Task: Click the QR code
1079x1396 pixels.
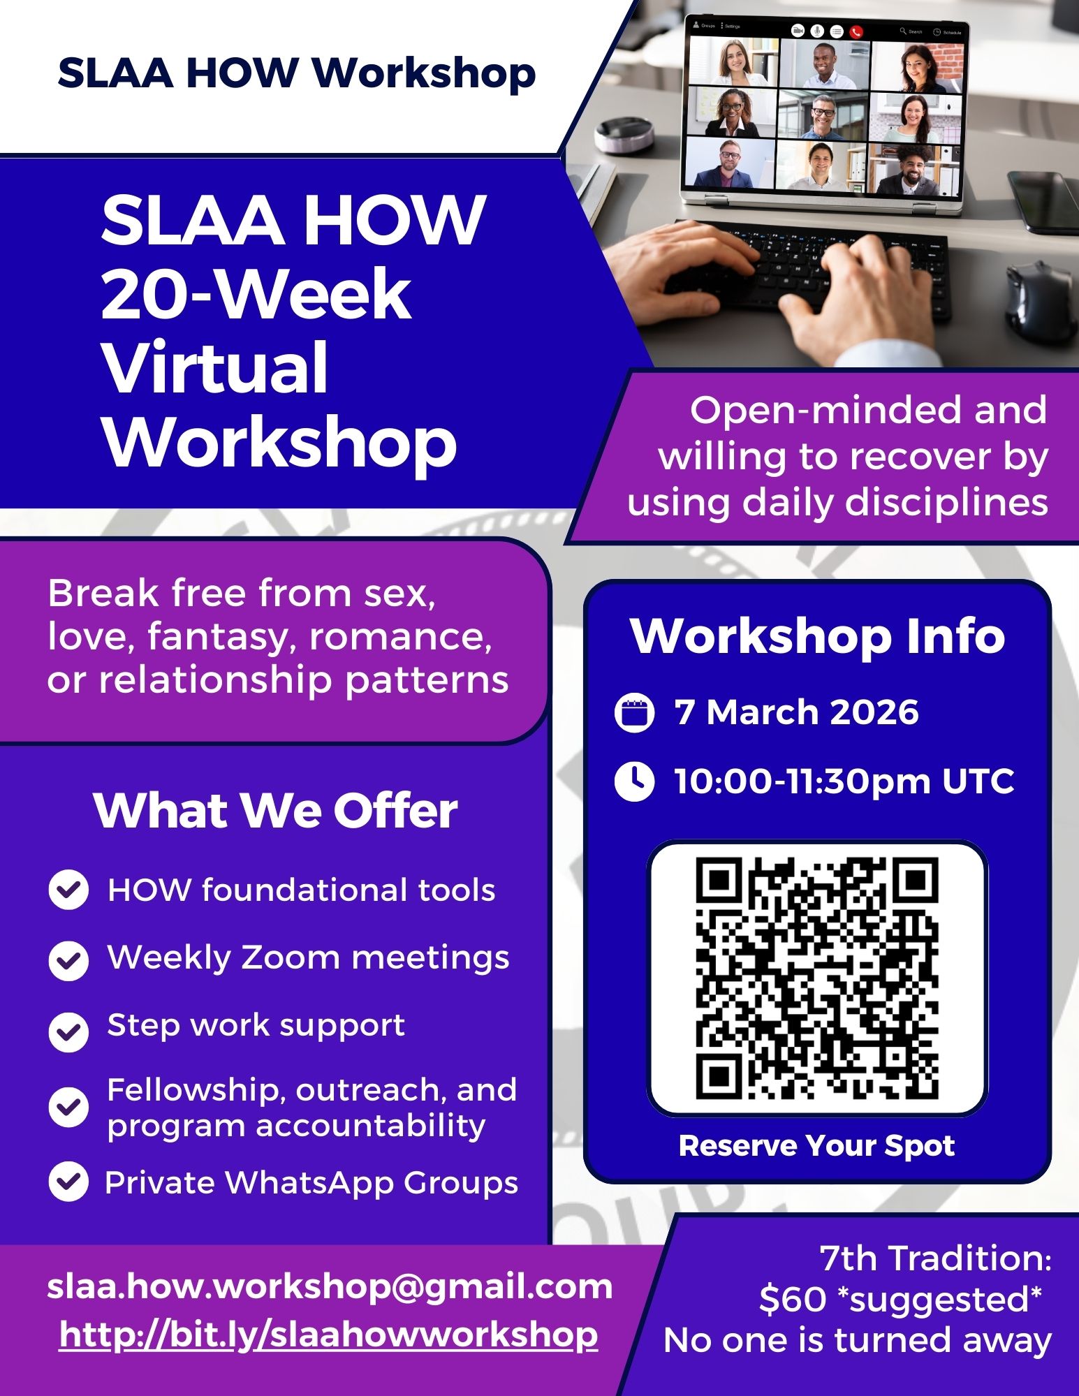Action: [817, 978]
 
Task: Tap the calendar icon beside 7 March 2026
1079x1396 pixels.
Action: [634, 713]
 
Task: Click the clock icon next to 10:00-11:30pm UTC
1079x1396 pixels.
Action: [634, 781]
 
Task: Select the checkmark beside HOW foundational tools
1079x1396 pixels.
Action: [68, 890]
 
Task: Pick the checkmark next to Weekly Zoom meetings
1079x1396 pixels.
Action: [68, 961]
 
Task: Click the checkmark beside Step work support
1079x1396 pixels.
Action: [68, 1031]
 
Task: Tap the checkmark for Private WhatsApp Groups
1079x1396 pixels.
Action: [68, 1182]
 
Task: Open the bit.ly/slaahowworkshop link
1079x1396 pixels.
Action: [328, 1335]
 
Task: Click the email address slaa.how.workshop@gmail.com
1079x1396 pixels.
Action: [330, 1286]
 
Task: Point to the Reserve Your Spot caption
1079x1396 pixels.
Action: [816, 1146]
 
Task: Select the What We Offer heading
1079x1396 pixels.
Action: [275, 810]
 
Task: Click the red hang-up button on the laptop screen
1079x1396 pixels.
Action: [856, 31]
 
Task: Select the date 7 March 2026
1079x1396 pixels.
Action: [796, 713]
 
